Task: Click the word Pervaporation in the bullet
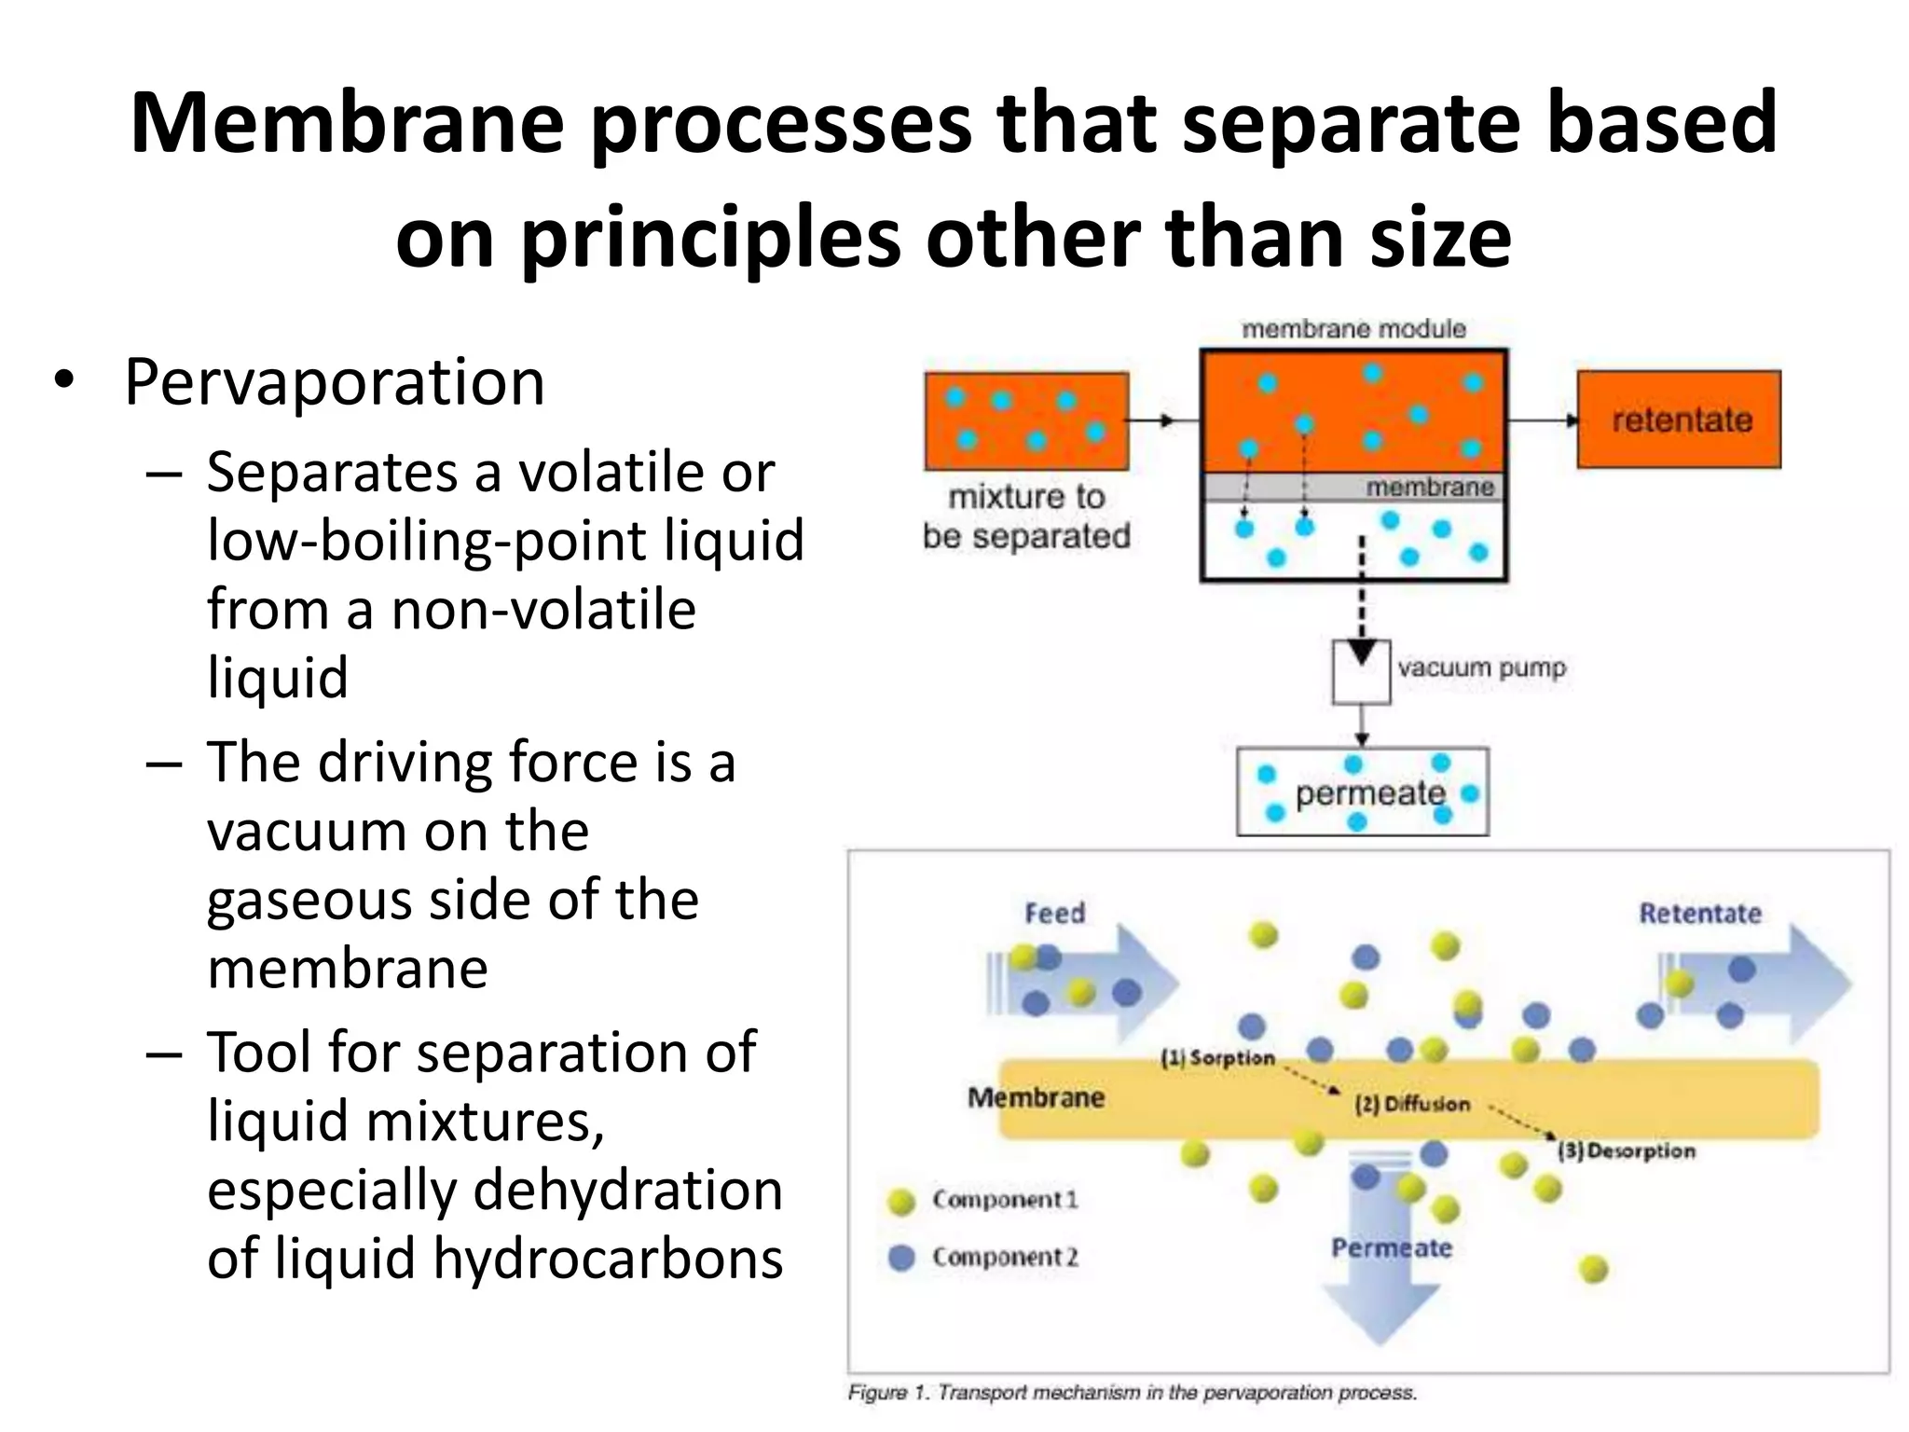pyautogui.click(x=334, y=383)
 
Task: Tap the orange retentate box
pyautogui.click(x=1679, y=420)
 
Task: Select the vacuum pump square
pyautogui.click(x=1361, y=671)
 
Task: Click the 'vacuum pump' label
pyautogui.click(x=1481, y=668)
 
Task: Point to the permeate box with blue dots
pyautogui.click(x=1362, y=792)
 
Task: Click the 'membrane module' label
pyautogui.click(x=1353, y=329)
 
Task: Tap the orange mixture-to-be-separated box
pyautogui.click(x=1026, y=421)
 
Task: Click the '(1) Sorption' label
pyautogui.click(x=1217, y=1058)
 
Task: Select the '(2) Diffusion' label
pyautogui.click(x=1412, y=1105)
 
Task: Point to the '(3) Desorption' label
pyautogui.click(x=1627, y=1151)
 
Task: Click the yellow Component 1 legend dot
pyautogui.click(x=901, y=1201)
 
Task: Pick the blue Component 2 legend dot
pyautogui.click(x=901, y=1258)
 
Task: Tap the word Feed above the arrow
pyautogui.click(x=1055, y=913)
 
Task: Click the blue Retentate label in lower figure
pyautogui.click(x=1700, y=913)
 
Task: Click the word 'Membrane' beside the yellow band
pyautogui.click(x=1036, y=1097)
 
